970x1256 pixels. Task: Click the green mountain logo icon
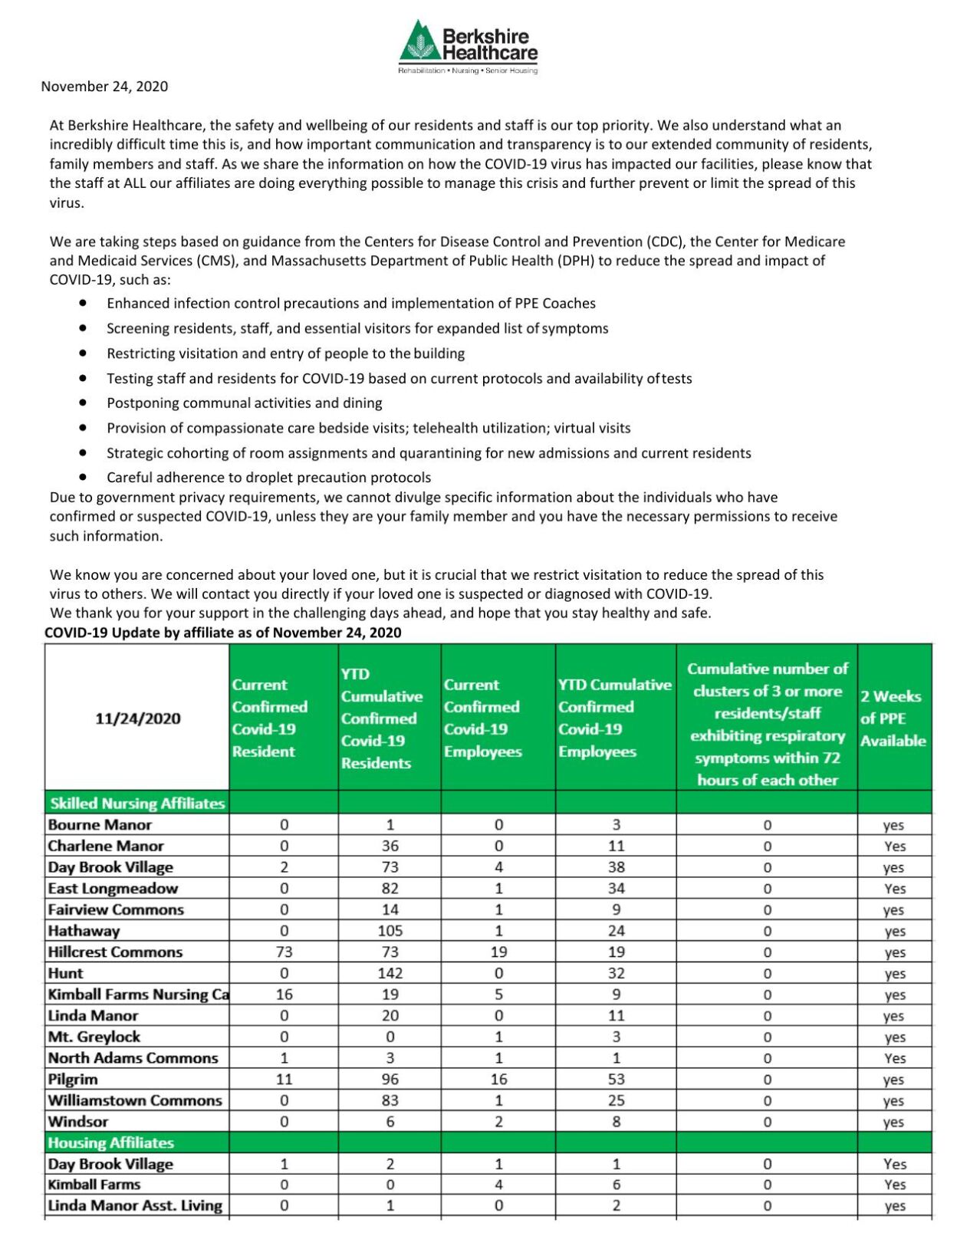click(419, 42)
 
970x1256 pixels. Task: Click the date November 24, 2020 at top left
click(104, 87)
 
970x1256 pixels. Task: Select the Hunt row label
click(66, 973)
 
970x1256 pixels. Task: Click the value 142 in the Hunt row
click(390, 973)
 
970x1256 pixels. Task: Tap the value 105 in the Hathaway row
click(390, 931)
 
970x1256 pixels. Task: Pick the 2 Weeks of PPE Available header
click(893, 718)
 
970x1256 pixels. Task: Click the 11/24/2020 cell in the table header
click(138, 718)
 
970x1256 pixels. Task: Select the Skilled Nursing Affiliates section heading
click(137, 804)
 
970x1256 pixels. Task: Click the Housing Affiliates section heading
click(111, 1143)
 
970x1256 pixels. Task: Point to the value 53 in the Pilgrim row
click(616, 1079)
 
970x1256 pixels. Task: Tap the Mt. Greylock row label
click(94, 1037)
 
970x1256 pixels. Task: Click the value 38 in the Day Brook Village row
click(616, 867)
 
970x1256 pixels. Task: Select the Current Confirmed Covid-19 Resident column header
click(270, 718)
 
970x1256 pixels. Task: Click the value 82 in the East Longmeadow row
click(390, 889)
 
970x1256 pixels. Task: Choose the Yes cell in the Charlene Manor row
click(894, 847)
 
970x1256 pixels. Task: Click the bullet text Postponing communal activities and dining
click(244, 403)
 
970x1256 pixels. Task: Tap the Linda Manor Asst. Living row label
click(135, 1205)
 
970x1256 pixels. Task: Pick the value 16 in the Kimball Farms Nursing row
click(284, 995)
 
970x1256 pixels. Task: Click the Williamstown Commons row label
click(135, 1100)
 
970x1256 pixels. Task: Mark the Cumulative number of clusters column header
click(767, 724)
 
